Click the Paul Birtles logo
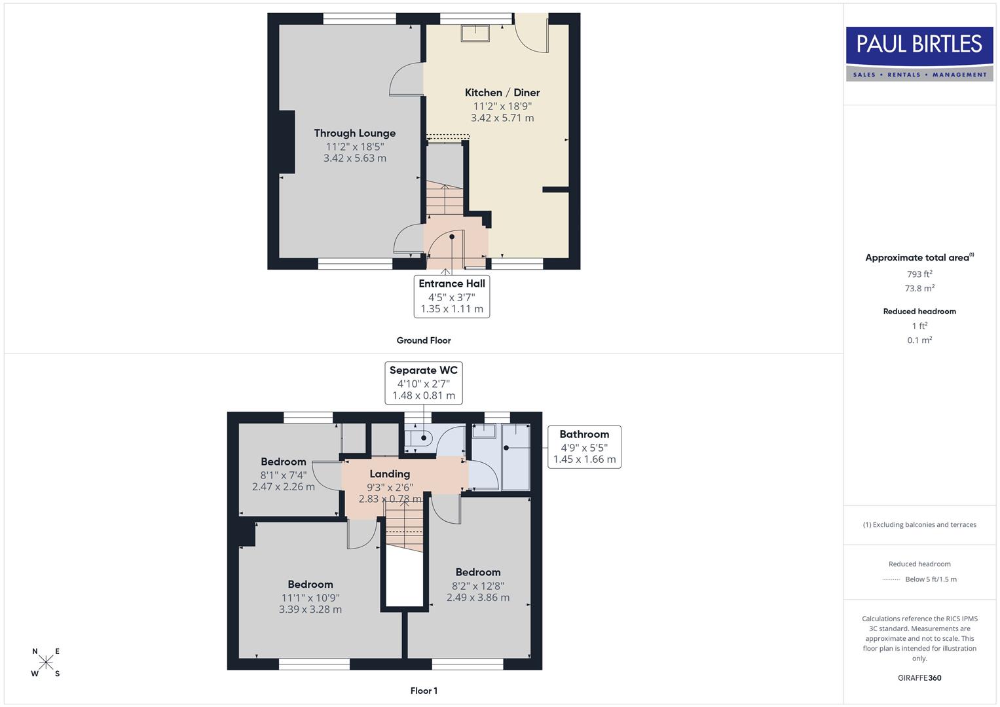pyautogui.click(x=919, y=54)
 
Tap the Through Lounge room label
pyautogui.click(x=354, y=134)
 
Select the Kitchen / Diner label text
pyautogui.click(x=502, y=93)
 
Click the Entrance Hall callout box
pyautogui.click(x=451, y=296)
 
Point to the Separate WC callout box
pyautogui.click(x=423, y=382)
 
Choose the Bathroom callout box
pyautogui.click(x=584, y=446)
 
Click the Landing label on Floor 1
pyautogui.click(x=390, y=474)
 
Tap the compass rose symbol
pyautogui.click(x=46, y=662)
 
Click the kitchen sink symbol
pyautogui.click(x=475, y=33)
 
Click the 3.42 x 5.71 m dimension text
pyautogui.click(x=502, y=118)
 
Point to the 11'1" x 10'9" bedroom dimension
pyautogui.click(x=310, y=598)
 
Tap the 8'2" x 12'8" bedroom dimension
pyautogui.click(x=477, y=586)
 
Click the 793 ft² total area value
pyautogui.click(x=919, y=274)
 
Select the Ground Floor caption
pyautogui.click(x=423, y=340)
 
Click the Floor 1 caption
pyautogui.click(x=423, y=691)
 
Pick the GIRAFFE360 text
pyautogui.click(x=919, y=678)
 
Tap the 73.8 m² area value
pyautogui.click(x=919, y=289)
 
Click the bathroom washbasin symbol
pyautogui.click(x=484, y=431)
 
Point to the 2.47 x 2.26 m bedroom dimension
pyautogui.click(x=283, y=487)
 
